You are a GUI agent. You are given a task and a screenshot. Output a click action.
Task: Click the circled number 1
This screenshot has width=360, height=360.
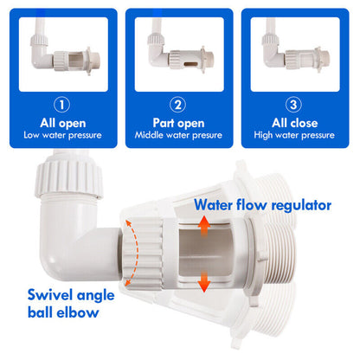pos(61,105)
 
